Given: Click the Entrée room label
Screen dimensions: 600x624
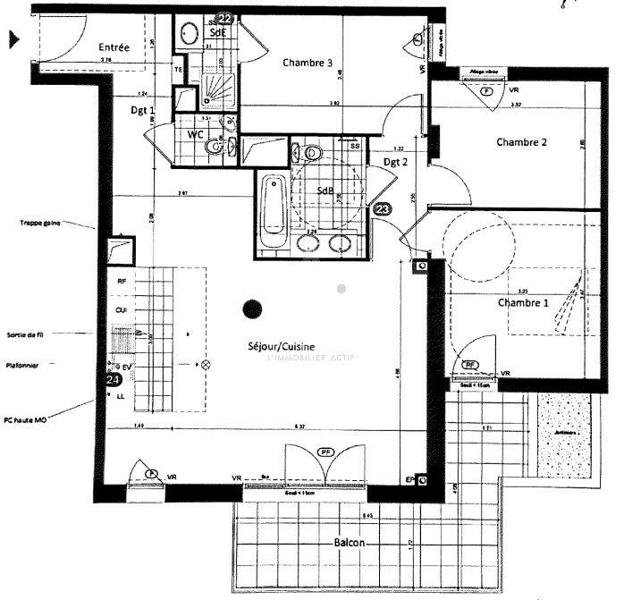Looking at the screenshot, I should click(114, 47).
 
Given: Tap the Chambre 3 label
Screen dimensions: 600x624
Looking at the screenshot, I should click(308, 63).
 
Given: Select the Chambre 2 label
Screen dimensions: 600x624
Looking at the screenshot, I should click(521, 142).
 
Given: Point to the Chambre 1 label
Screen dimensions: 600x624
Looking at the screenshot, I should click(523, 302).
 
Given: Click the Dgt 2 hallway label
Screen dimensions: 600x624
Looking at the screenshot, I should click(396, 162).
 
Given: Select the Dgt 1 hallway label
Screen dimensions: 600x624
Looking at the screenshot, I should click(143, 111).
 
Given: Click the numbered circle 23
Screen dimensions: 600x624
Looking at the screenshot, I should click(383, 209).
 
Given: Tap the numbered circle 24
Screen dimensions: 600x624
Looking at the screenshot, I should click(113, 379).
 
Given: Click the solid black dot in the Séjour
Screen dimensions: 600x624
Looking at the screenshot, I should click(253, 309).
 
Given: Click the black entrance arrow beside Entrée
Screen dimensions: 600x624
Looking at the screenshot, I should click(14, 38).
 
